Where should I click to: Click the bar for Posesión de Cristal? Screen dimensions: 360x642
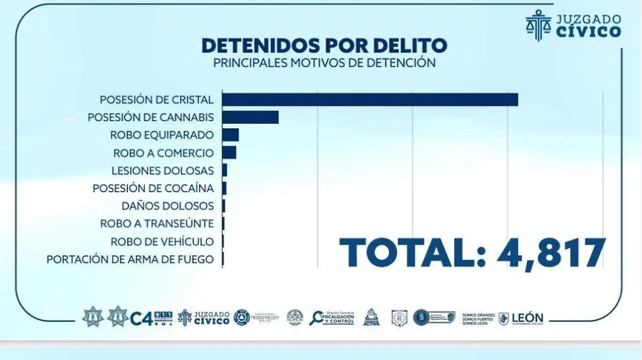370,99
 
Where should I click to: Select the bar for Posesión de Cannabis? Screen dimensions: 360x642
250,117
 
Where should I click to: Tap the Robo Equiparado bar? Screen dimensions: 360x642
230,135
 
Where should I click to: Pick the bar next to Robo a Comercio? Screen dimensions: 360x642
229,152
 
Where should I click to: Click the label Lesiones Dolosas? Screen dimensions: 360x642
163,171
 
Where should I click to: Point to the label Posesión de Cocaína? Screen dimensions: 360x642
153,188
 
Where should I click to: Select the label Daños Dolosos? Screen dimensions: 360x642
167,206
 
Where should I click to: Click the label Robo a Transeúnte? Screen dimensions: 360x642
157,224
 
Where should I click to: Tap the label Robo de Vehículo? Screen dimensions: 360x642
162,242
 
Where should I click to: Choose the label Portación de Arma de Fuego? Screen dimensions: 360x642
130,259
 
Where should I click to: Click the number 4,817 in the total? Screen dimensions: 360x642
551,253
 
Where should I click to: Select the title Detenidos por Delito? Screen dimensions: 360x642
324,45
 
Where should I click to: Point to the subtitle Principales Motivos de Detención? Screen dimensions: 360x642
324,63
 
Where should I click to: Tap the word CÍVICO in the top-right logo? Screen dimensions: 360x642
588,32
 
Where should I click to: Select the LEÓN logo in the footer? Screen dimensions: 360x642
521,318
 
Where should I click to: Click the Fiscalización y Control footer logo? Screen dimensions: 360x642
332,318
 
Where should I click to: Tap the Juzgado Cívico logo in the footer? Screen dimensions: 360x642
204,317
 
